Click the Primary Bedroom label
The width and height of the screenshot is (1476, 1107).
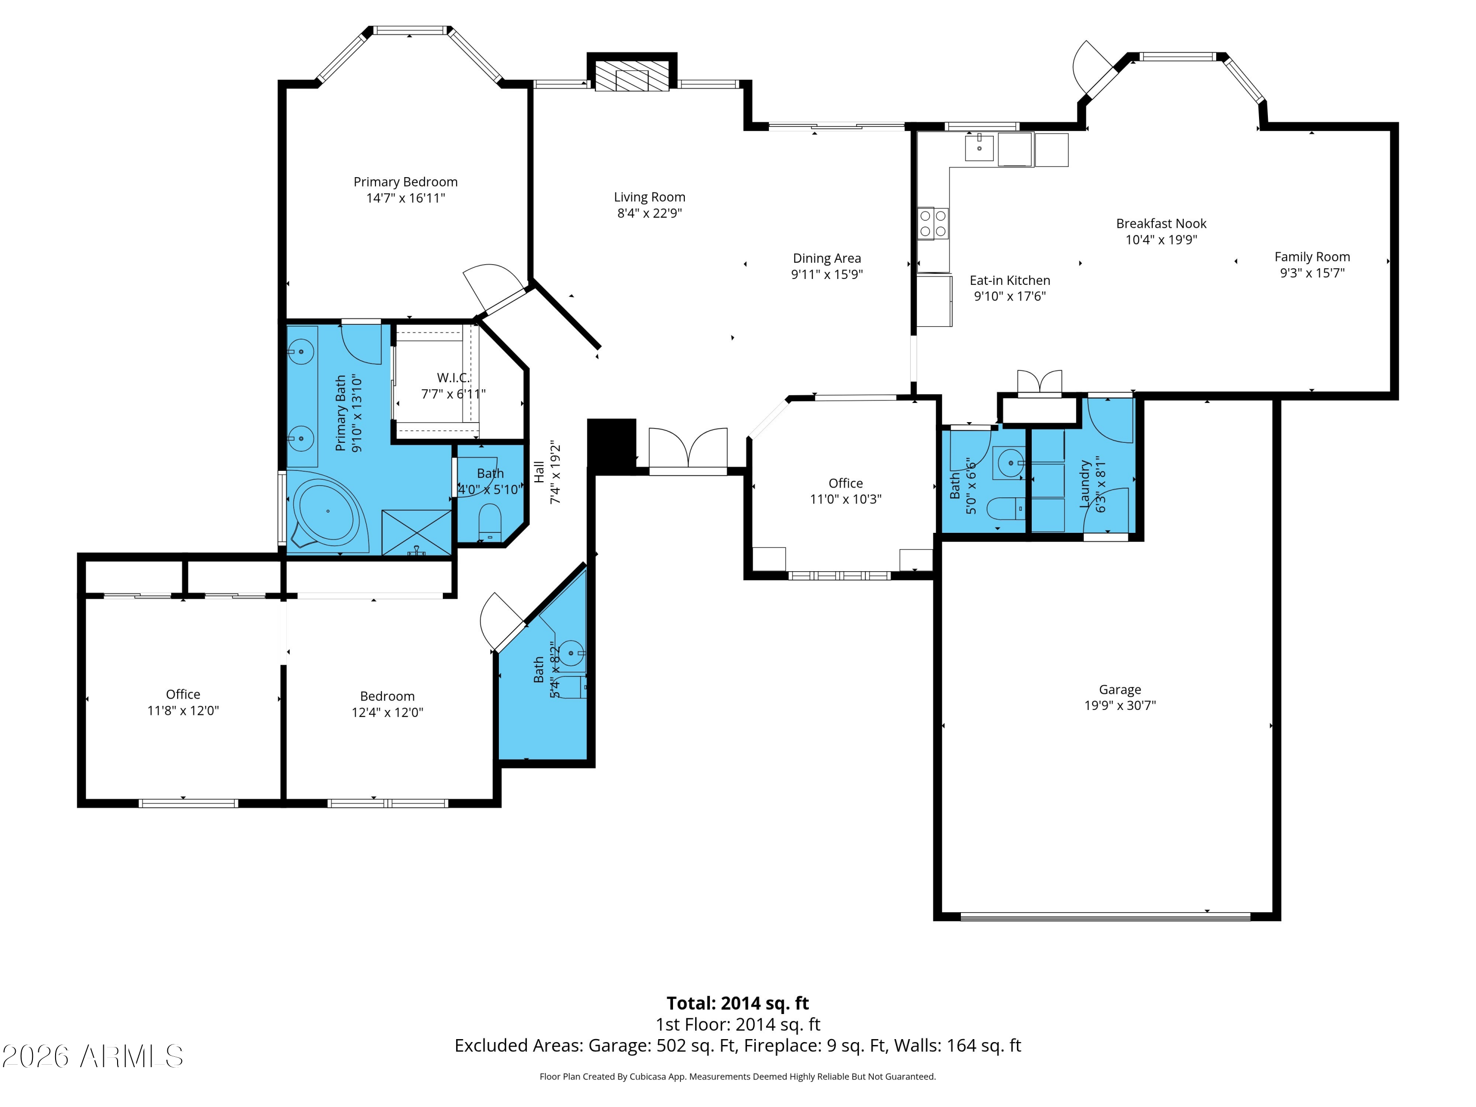406,182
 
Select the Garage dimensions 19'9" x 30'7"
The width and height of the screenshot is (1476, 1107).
1120,706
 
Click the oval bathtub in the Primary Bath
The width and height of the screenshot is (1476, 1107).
327,512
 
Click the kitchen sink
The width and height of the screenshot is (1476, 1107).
979,147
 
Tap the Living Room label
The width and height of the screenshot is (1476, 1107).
649,197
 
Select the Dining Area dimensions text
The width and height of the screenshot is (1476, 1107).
827,274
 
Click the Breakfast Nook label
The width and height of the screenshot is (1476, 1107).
1161,223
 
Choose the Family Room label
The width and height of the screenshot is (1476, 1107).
1312,257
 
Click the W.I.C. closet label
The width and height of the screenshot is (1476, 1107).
454,378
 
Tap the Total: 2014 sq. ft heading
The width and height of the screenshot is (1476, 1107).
738,1003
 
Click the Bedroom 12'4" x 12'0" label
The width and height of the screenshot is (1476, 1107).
387,705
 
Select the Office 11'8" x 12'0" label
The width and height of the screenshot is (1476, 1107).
183,703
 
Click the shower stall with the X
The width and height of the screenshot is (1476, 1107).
416,532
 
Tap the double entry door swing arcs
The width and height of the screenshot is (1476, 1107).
688,447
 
